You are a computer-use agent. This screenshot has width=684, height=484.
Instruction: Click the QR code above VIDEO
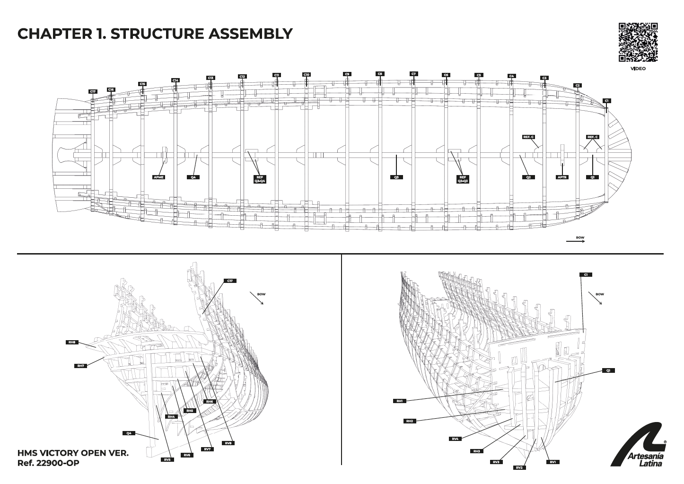click(638, 43)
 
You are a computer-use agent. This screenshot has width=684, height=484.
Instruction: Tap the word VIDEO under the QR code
click(638, 69)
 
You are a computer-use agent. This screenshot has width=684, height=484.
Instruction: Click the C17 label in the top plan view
click(93, 91)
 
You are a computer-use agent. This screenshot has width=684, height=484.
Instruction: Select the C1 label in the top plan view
click(607, 101)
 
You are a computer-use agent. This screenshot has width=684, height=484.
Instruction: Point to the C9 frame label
click(347, 74)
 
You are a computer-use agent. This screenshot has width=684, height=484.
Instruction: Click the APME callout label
click(159, 177)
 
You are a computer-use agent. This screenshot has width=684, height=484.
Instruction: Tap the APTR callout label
click(562, 177)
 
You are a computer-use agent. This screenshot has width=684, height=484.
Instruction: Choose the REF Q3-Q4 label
click(260, 179)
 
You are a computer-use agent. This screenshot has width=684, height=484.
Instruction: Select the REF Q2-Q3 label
click(463, 179)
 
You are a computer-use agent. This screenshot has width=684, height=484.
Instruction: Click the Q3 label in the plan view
click(396, 177)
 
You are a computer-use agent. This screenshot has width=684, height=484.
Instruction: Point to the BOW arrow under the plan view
click(576, 241)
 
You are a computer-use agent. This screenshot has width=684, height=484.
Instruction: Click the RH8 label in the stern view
click(72, 342)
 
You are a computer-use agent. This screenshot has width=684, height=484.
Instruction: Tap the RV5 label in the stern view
click(167, 459)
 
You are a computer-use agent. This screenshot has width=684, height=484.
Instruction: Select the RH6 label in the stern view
click(210, 401)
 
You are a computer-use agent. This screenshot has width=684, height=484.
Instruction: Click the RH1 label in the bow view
click(400, 401)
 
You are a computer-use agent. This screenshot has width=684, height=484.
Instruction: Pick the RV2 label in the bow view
click(519, 467)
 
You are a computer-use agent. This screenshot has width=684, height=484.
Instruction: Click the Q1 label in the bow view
click(608, 370)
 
